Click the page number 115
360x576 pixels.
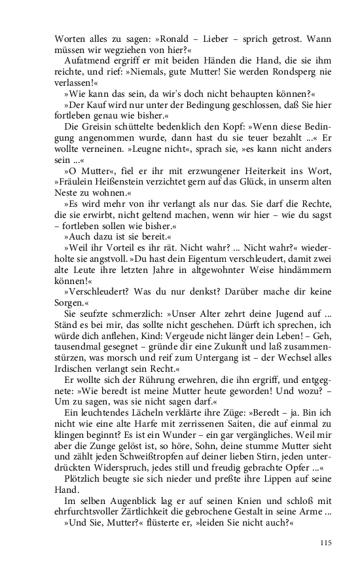point(327,543)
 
